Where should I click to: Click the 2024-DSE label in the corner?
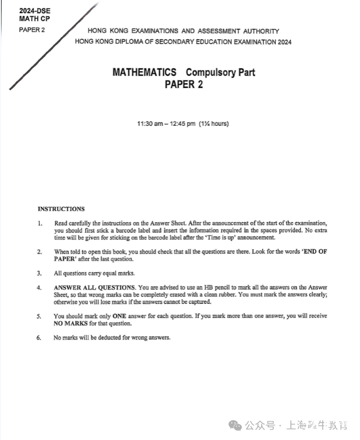35,10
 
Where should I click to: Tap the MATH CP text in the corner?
35,19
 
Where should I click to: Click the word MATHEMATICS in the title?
144,72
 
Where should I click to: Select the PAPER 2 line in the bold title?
184,84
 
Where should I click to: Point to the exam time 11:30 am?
150,124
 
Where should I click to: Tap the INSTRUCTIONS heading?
61,209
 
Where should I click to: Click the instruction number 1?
39,223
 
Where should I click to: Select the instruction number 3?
39,273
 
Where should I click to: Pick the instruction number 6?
39,337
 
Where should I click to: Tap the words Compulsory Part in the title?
220,72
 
